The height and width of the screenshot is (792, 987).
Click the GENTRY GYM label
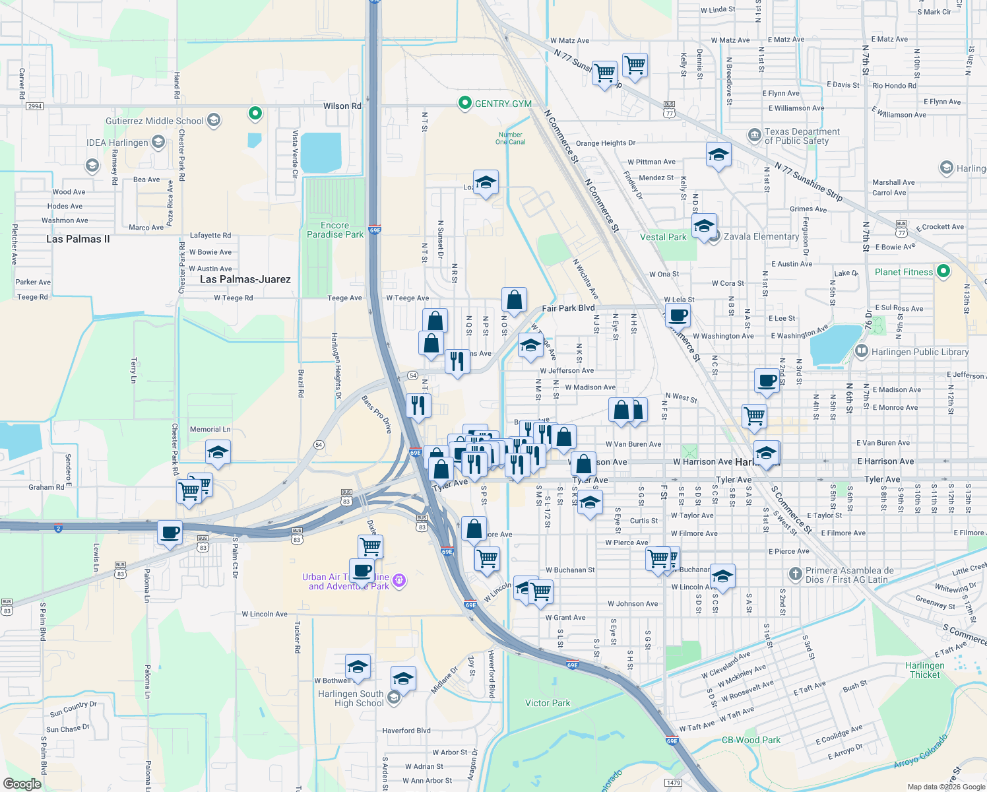[x=503, y=104]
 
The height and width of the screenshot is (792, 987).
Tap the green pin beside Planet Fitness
[x=943, y=271]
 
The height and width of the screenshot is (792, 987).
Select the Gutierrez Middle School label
[x=155, y=121]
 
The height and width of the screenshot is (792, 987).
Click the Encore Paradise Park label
[x=335, y=230]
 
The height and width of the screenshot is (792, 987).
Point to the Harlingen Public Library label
[x=920, y=352]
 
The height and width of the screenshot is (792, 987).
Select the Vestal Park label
[x=663, y=237]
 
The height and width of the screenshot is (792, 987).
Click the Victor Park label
[x=548, y=703]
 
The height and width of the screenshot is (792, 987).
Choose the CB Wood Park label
[x=751, y=740]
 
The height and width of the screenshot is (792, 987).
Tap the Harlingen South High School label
[x=350, y=698]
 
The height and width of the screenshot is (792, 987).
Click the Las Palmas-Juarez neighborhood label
[x=245, y=279]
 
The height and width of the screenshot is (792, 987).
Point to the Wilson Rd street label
[x=342, y=106]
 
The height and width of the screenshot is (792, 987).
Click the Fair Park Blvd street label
[x=568, y=308]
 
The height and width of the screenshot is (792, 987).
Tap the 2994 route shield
[x=34, y=106]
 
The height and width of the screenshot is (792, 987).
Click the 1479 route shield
[x=673, y=783]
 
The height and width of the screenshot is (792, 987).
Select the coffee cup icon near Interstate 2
[x=170, y=532]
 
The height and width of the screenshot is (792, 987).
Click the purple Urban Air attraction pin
[x=398, y=581]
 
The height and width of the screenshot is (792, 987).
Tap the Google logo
[x=22, y=784]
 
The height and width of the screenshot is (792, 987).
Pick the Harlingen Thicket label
[x=925, y=670]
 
